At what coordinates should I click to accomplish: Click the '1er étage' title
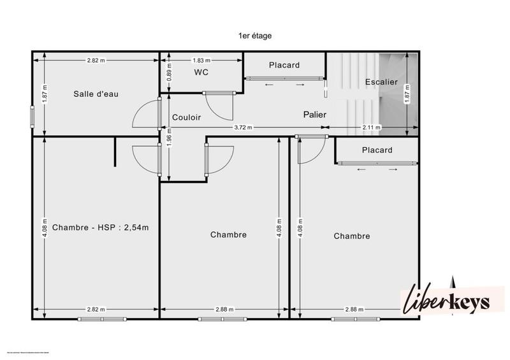point(255,36)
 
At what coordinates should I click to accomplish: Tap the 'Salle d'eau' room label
point(96,94)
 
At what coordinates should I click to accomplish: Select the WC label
point(201,73)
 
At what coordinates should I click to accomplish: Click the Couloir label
point(187,117)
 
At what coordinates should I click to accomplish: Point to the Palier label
point(315,115)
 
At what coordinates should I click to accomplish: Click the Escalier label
point(381,82)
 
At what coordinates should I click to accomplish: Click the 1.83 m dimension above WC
point(201,61)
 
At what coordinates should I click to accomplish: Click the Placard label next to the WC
point(284,65)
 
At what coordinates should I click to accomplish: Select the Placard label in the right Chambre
point(377,150)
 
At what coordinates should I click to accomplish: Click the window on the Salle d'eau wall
point(32,117)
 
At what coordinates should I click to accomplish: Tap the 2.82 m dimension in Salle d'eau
point(96,61)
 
